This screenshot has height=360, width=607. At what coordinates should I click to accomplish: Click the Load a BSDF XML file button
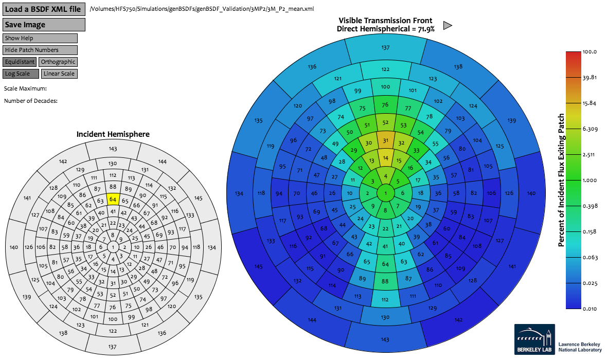point(44,9)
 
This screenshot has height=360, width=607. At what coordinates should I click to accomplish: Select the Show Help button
point(40,38)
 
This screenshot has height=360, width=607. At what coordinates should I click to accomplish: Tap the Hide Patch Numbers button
point(40,50)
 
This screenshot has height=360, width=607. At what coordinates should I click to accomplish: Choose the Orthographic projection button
point(58,62)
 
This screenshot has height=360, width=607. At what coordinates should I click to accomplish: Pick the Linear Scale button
point(59,74)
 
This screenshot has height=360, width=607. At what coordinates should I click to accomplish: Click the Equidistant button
point(20,62)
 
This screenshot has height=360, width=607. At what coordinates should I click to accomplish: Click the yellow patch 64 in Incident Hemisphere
point(114,199)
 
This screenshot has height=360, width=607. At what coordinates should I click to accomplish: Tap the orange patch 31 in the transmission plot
point(385,140)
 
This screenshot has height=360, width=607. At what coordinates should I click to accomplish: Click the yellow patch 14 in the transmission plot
point(385,158)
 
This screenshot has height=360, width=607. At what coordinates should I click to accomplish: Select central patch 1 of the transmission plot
point(385,193)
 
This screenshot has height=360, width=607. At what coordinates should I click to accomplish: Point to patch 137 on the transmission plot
point(385,47)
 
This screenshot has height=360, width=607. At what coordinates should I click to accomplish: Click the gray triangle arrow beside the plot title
point(448,25)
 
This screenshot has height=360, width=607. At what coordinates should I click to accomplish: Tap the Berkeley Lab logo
point(534,339)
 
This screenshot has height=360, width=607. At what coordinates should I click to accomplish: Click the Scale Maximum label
point(25,88)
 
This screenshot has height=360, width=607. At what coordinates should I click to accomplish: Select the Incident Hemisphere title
point(113,134)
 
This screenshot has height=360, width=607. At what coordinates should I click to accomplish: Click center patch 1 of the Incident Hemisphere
point(114,247)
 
